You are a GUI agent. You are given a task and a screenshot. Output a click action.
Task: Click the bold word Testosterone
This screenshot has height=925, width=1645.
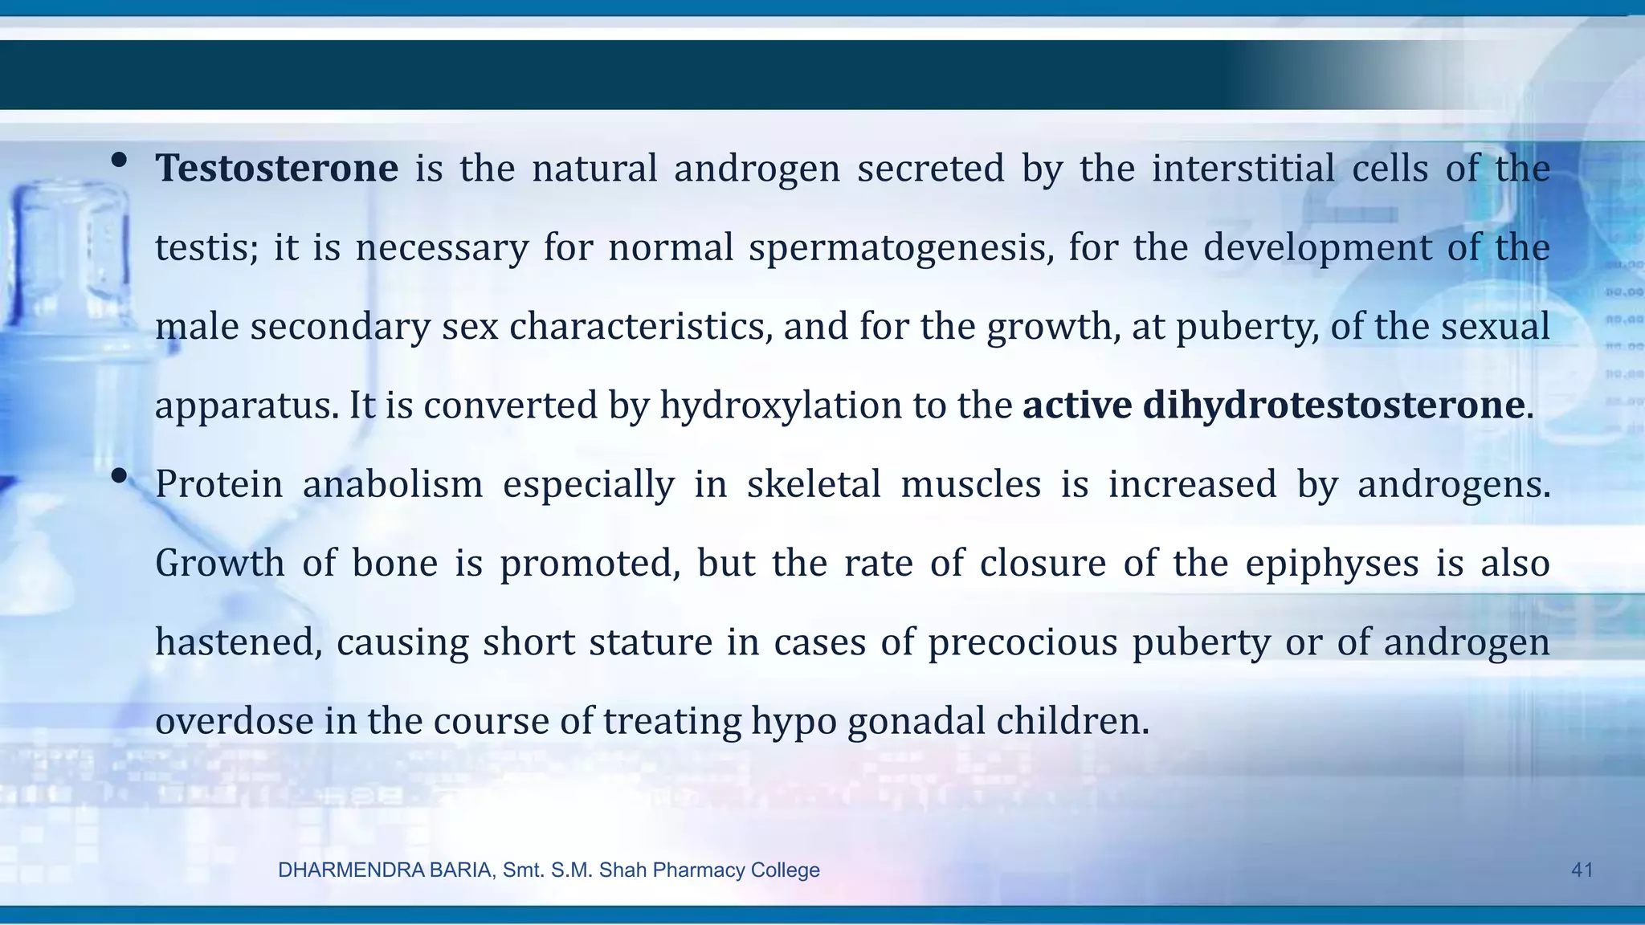[x=276, y=169]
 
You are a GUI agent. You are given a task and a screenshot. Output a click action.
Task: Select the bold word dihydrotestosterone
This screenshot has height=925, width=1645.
[x=1333, y=405]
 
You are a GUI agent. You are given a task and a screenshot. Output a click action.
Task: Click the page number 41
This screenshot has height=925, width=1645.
[x=1582, y=870]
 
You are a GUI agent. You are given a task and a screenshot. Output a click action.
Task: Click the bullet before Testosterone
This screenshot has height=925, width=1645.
[x=119, y=161]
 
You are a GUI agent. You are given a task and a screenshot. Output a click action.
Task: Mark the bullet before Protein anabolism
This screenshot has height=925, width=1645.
[x=119, y=476]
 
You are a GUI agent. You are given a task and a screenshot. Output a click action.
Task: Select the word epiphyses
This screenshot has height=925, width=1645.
[x=1332, y=563]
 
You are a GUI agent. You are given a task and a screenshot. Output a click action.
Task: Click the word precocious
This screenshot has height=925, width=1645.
[x=1023, y=642]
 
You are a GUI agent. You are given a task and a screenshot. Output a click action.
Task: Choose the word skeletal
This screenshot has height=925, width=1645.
[x=814, y=484]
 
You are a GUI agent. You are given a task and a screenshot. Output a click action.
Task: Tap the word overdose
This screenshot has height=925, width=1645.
[x=234, y=721]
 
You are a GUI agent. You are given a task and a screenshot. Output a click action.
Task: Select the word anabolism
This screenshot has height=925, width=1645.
[x=393, y=484]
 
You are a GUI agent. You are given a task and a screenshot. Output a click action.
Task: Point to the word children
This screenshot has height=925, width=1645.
[x=1073, y=721]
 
